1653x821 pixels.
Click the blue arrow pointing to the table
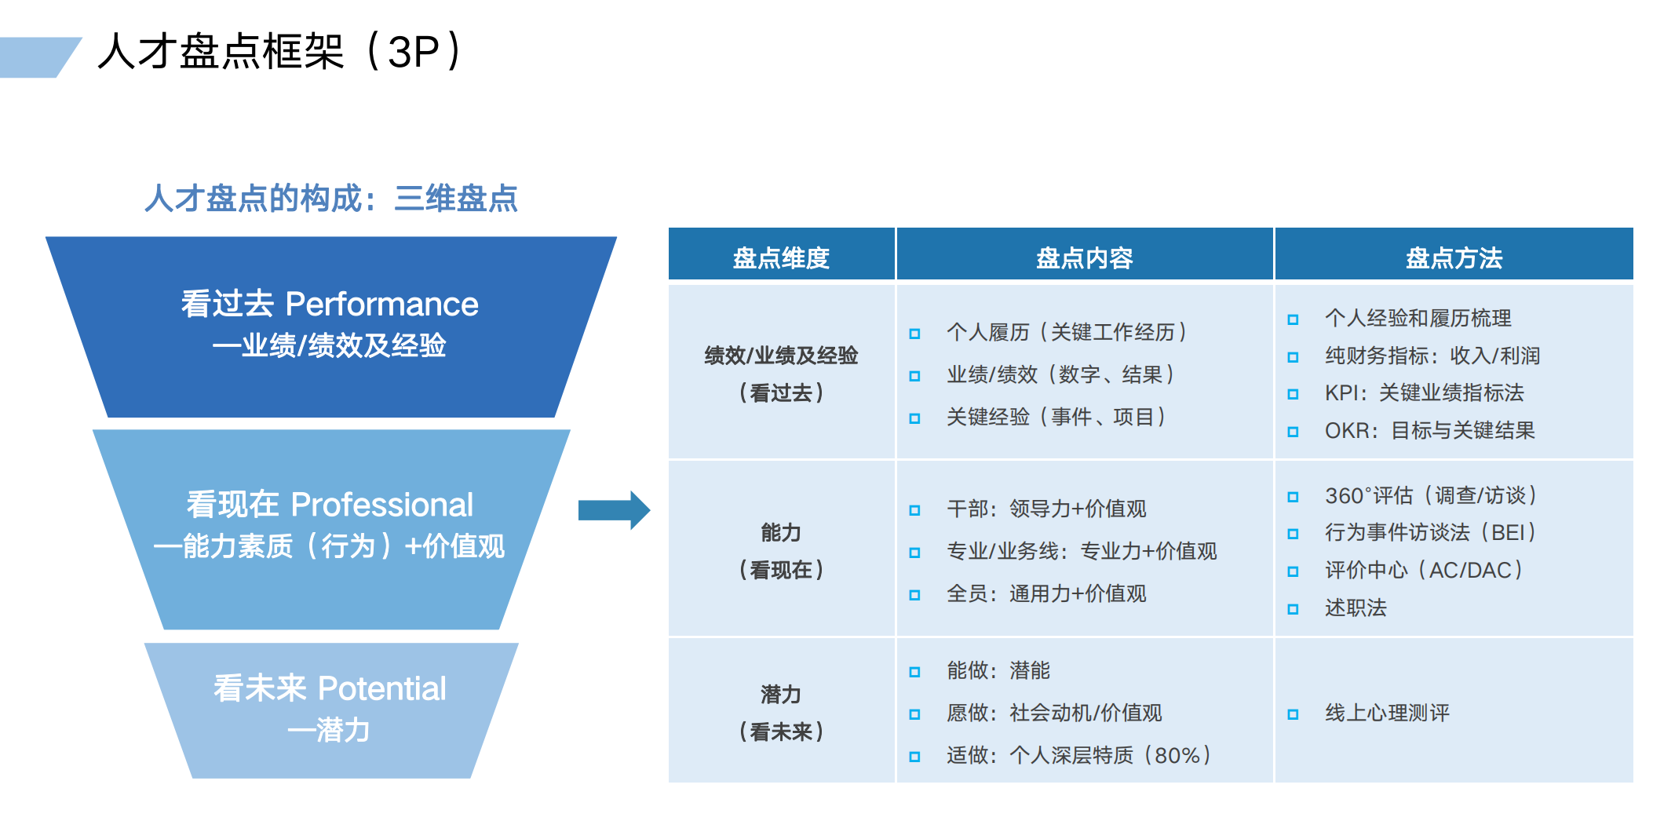click(614, 510)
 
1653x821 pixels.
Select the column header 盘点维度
click(781, 257)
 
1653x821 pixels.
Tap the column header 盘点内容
click(1084, 257)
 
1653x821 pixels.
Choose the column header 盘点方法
click(1454, 257)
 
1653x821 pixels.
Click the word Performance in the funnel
click(381, 305)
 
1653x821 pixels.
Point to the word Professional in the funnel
click(381, 505)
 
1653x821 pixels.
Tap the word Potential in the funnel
click(381, 689)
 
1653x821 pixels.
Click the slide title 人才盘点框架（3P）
click(281, 52)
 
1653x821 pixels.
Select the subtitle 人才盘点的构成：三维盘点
click(330, 198)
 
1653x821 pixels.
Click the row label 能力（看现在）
click(781, 551)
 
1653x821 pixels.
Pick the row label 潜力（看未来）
click(781, 713)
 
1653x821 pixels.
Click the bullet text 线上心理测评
click(1387, 713)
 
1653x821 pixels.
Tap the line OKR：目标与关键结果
click(1429, 430)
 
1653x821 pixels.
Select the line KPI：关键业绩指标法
click(1424, 392)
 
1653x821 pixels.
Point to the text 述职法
click(1356, 608)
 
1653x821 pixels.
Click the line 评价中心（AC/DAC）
click(1424, 570)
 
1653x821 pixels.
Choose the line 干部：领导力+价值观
click(1046, 509)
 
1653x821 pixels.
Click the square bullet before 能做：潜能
click(914, 672)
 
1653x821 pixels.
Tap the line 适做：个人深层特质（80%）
click(1078, 755)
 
